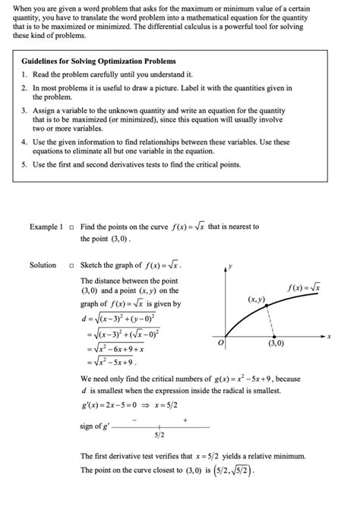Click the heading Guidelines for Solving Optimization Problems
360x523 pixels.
(x=99, y=61)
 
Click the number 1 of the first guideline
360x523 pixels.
(x=24, y=74)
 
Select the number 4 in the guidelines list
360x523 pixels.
(x=24, y=141)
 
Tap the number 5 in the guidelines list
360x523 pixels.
(x=24, y=164)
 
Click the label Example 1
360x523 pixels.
(x=46, y=227)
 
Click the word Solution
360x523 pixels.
(x=43, y=265)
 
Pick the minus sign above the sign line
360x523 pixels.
(x=134, y=419)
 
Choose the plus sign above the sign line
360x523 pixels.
(x=185, y=419)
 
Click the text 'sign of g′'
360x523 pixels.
(x=95, y=426)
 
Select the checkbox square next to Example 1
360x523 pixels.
(x=70, y=227)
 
